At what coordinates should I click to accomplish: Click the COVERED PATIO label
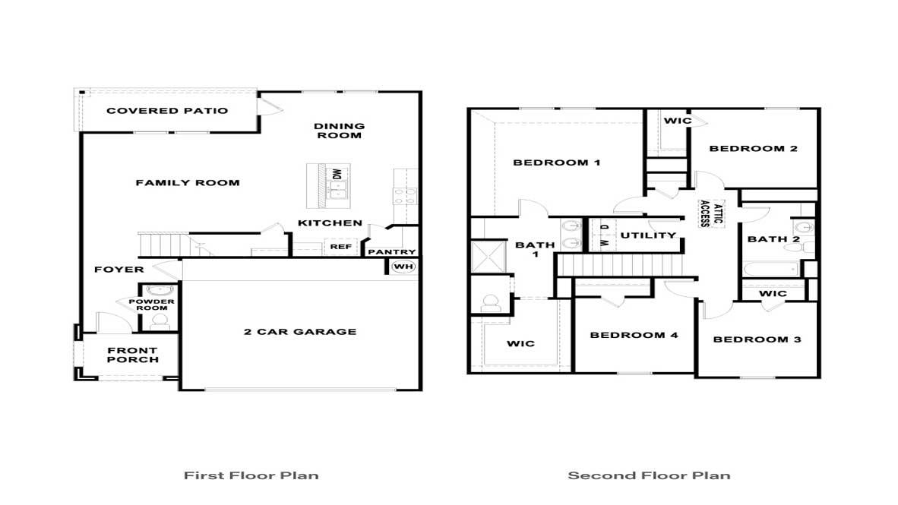(x=167, y=111)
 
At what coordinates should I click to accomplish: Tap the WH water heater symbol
(x=402, y=267)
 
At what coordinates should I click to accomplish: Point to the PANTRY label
(x=392, y=252)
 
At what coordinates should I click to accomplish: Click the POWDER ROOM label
(x=156, y=305)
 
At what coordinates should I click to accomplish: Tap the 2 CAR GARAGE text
(x=300, y=332)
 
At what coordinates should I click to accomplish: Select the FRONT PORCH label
(x=133, y=355)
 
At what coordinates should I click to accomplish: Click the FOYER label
(x=119, y=270)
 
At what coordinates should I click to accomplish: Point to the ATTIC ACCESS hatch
(x=706, y=213)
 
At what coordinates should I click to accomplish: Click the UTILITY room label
(x=648, y=235)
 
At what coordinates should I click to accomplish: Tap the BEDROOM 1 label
(x=557, y=163)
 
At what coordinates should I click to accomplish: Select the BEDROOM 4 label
(x=634, y=335)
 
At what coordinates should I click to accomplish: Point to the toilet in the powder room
(x=159, y=322)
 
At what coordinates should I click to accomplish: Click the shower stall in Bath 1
(x=486, y=257)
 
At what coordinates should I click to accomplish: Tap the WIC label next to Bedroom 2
(x=678, y=121)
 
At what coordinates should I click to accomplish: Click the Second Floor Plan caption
(x=649, y=476)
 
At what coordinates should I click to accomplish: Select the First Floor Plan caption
(x=251, y=476)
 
